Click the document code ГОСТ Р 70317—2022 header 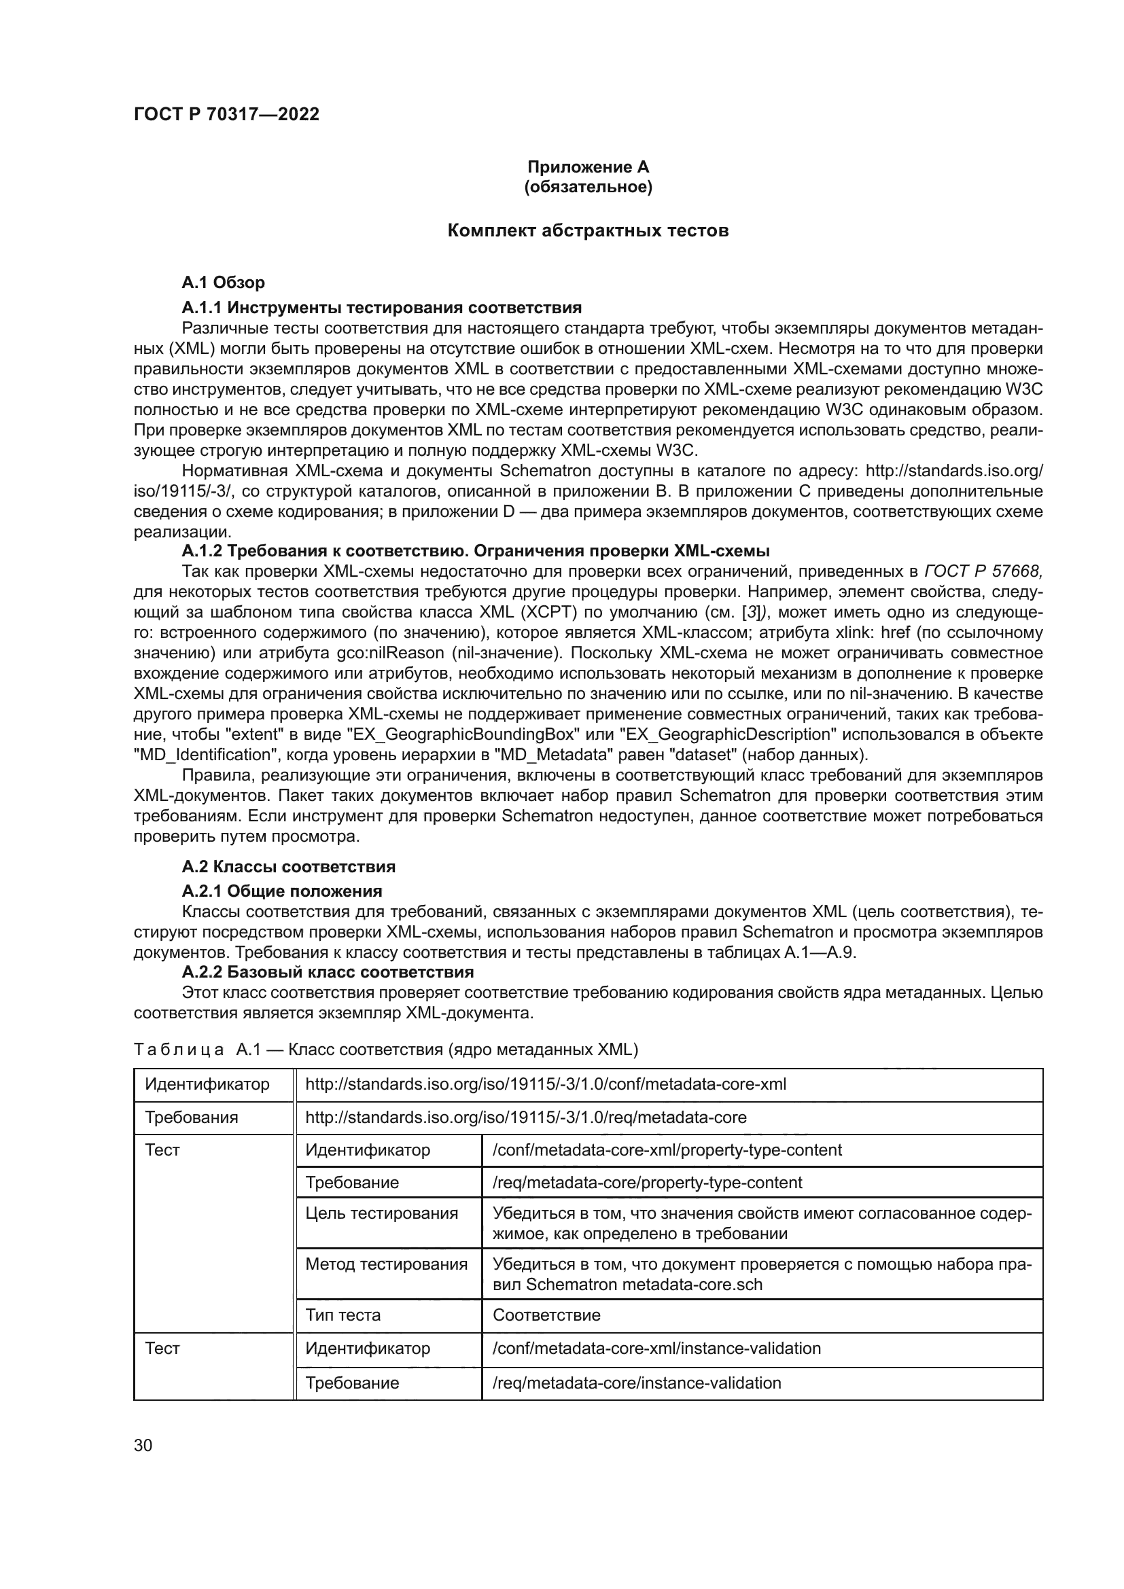[226, 114]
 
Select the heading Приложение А [588, 167]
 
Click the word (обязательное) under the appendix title [588, 187]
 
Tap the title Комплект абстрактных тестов [588, 230]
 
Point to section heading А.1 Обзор [223, 283]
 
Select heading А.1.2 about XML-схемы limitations [476, 551]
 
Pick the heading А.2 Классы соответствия [288, 866]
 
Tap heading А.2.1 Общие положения [282, 891]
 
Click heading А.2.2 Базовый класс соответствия [328, 971]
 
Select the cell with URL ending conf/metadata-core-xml [546, 1084]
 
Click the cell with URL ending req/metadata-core [525, 1117]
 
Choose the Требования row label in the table [191, 1117]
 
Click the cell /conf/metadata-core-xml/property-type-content [667, 1150]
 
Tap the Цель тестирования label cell [381, 1213]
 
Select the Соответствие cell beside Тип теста [546, 1315]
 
